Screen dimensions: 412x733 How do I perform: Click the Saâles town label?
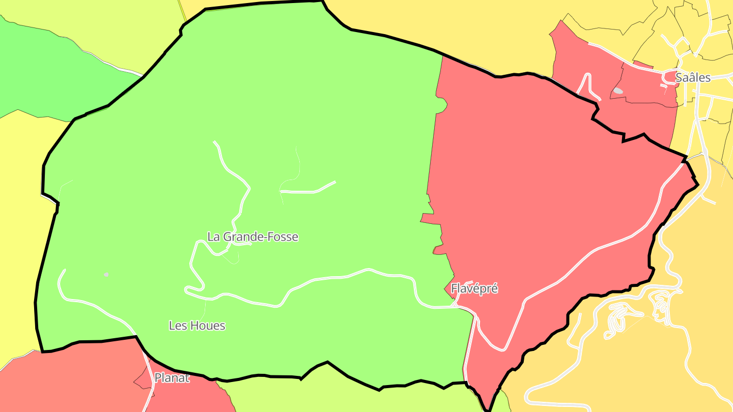click(692, 78)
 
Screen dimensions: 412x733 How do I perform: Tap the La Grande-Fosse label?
click(252, 237)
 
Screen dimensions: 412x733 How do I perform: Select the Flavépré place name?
click(474, 289)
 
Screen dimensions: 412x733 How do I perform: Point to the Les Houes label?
click(197, 326)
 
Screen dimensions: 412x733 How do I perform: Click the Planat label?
click(172, 378)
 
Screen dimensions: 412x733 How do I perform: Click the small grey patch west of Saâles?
click(618, 91)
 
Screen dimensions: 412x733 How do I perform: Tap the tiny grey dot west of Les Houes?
click(106, 275)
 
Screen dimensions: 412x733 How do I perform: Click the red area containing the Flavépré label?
click(534, 178)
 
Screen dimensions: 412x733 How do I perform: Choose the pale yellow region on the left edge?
click(18, 229)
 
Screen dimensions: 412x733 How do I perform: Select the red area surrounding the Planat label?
click(76, 381)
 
